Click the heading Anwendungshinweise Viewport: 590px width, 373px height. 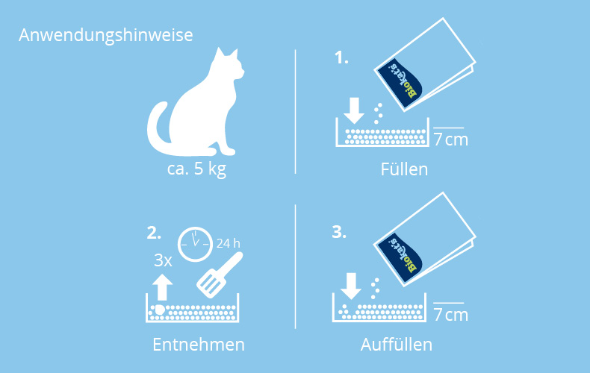click(x=106, y=36)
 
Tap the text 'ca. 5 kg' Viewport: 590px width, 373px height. click(x=196, y=169)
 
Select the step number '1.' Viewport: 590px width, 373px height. click(x=341, y=58)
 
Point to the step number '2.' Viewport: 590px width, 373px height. click(x=154, y=233)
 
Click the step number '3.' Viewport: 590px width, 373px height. click(x=339, y=232)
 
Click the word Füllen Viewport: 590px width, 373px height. click(x=404, y=169)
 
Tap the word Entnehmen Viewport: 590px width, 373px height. click(x=199, y=345)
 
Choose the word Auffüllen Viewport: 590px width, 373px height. click(x=397, y=345)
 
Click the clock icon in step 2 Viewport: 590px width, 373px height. click(x=195, y=245)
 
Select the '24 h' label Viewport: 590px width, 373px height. click(x=228, y=244)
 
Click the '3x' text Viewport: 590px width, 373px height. click(x=163, y=260)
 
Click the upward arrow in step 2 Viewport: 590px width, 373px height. click(x=162, y=287)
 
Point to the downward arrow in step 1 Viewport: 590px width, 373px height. click(x=354, y=110)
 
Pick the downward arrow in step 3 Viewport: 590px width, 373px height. click(x=351, y=286)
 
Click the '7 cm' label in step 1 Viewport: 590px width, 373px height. click(x=451, y=140)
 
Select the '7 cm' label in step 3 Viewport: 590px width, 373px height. click(x=451, y=315)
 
